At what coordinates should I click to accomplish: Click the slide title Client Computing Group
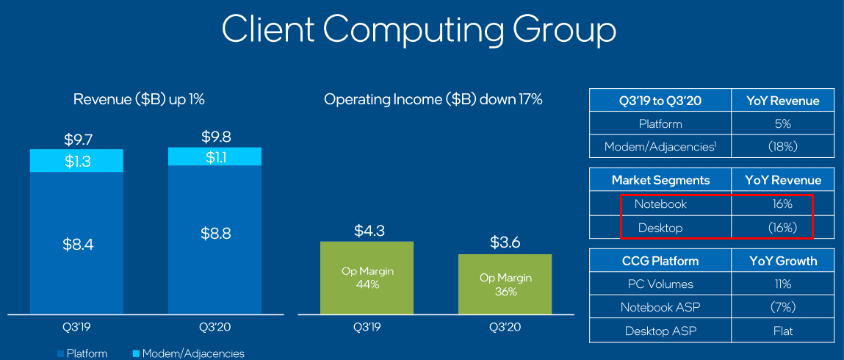tap(419, 30)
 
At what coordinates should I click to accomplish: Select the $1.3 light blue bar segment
tap(76, 161)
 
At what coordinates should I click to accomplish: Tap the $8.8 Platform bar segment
tap(214, 234)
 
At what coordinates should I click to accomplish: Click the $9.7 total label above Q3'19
tap(76, 139)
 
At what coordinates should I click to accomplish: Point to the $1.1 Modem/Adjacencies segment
tap(214, 157)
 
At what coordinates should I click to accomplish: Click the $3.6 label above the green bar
tap(505, 242)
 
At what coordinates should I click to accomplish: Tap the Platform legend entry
tap(82, 354)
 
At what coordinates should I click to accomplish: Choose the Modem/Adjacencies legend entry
tap(189, 354)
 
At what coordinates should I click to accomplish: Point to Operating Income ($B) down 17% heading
tap(433, 99)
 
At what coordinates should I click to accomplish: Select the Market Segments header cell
tap(660, 180)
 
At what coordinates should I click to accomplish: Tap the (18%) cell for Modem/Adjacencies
tap(783, 147)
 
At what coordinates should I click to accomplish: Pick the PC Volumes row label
tap(660, 284)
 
